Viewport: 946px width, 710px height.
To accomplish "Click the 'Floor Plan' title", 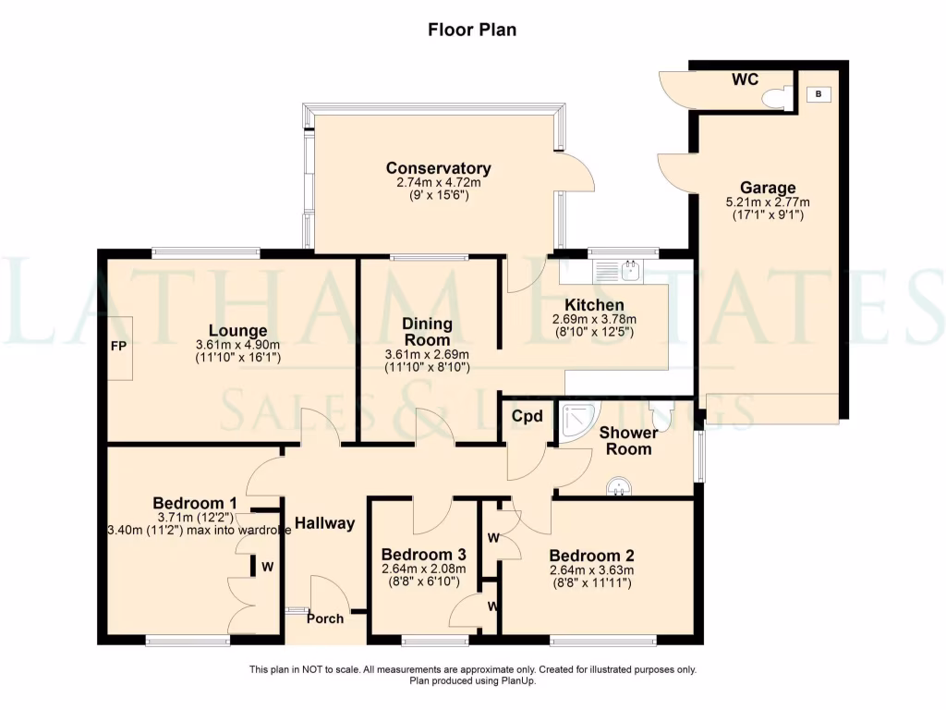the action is tap(472, 30).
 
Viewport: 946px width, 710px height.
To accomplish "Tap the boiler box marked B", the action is tap(819, 93).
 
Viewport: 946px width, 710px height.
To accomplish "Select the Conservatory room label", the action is tap(439, 168).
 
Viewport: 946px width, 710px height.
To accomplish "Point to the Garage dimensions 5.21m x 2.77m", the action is tap(768, 202).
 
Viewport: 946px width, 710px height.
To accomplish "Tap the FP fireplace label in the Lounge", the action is tap(118, 347).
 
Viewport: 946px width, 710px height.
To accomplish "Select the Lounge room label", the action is tap(237, 330).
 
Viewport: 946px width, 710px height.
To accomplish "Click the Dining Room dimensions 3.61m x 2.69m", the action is tap(427, 355).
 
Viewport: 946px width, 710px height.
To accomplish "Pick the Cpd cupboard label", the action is tap(528, 416).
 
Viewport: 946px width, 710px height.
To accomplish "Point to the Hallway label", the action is tap(324, 523).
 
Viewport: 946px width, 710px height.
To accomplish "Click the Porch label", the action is tap(325, 618).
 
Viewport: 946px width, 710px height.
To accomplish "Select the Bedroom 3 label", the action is tap(423, 555).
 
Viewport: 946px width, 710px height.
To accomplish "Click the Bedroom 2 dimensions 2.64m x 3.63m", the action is tap(592, 570).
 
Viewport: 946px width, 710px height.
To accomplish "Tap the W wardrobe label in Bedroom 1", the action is tap(267, 567).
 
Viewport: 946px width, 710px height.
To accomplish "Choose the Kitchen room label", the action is tap(594, 305).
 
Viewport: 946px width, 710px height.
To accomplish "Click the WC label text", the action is tap(746, 80).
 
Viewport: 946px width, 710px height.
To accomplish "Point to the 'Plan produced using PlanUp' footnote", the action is tap(473, 681).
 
